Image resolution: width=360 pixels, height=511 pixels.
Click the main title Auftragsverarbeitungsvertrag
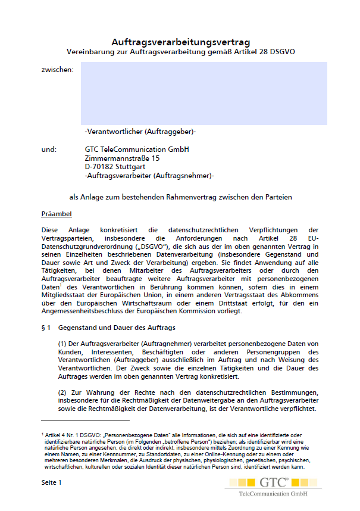180,42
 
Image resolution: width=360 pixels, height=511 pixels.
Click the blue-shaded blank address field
204,94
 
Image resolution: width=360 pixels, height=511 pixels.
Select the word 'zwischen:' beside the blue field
58,70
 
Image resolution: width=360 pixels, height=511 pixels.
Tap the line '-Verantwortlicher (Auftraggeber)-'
140,132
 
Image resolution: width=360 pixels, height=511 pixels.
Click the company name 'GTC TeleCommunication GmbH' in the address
137,149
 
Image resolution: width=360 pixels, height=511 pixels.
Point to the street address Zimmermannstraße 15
122,158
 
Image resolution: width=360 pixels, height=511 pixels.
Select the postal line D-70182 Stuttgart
115,167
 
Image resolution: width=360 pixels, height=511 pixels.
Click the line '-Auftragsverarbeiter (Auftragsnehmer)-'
149,176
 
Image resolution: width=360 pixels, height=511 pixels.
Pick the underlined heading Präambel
57,213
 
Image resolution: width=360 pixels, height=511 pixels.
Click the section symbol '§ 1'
45,328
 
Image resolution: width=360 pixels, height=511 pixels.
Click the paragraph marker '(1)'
62,344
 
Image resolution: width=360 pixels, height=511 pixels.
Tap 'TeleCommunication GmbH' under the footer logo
273,494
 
